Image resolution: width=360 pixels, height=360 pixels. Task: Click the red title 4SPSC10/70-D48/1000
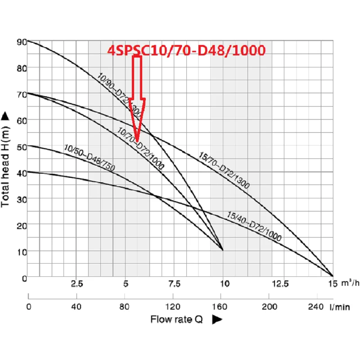pyautogui.click(x=186, y=50)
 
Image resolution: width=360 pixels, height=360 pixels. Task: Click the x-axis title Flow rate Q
pyautogui.click(x=176, y=319)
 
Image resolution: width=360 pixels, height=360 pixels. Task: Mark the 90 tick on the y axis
pyautogui.click(x=20, y=41)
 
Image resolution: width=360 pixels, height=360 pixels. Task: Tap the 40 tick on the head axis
pyautogui.click(x=20, y=172)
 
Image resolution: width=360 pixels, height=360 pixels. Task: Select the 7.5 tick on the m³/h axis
pyautogui.click(x=174, y=284)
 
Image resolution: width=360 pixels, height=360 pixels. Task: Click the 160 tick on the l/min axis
pyautogui.click(x=220, y=307)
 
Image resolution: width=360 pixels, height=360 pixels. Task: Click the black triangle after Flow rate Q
pyautogui.click(x=217, y=319)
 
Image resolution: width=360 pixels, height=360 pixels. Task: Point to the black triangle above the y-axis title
pyautogui.click(x=6, y=116)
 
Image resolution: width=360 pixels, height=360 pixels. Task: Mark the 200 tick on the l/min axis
pyautogui.click(x=269, y=307)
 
